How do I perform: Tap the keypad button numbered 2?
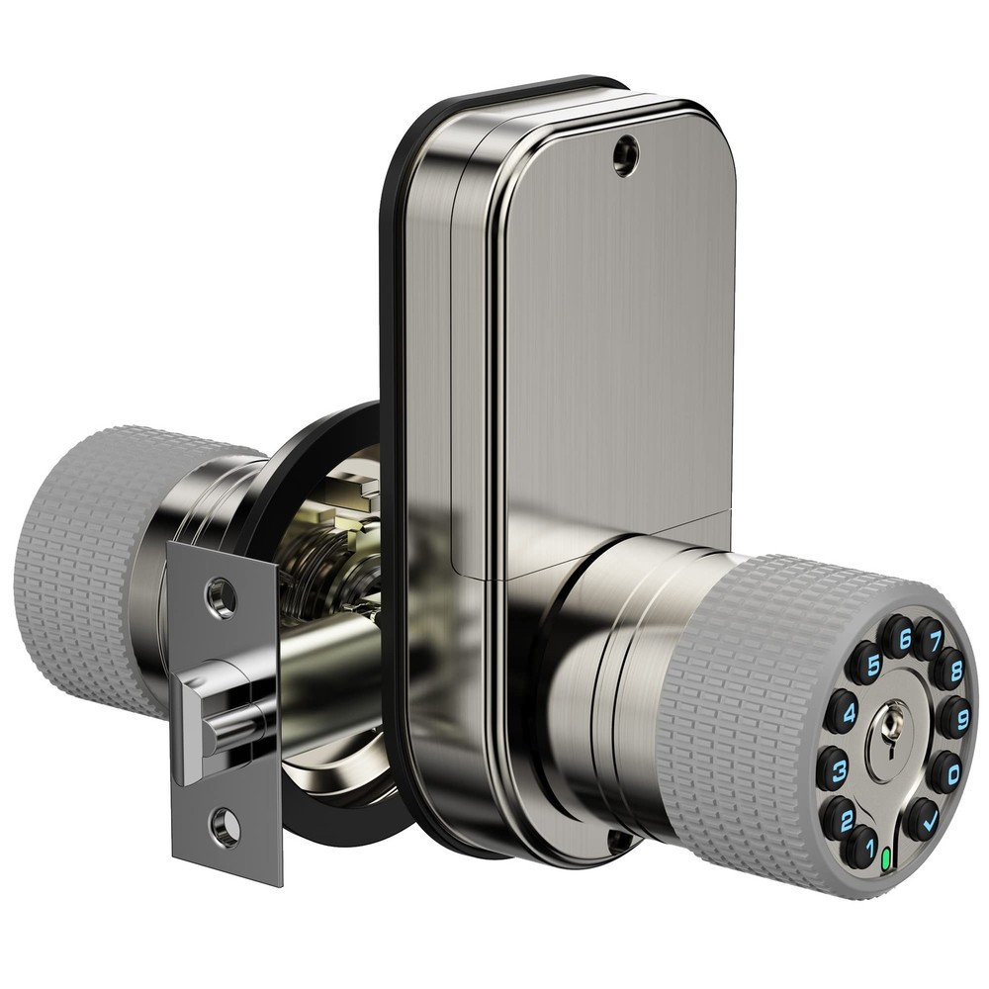pyautogui.click(x=841, y=817)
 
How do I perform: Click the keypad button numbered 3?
pyautogui.click(x=833, y=767)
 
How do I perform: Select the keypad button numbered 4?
pyautogui.click(x=842, y=711)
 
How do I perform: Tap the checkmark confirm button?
pyautogui.click(x=923, y=819)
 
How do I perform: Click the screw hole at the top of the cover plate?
pyautogui.click(x=625, y=156)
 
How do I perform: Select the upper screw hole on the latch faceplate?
pyautogui.click(x=220, y=596)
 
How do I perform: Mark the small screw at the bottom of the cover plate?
pyautogui.click(x=619, y=842)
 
